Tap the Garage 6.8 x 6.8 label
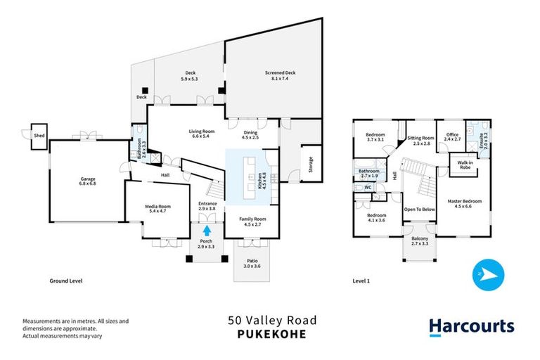coord(87,181)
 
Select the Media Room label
coord(155,208)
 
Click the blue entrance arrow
coord(207,229)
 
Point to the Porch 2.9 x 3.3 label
coord(207,243)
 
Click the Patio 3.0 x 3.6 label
coord(251,263)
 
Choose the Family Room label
coord(251,222)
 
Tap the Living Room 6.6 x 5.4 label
coord(201,134)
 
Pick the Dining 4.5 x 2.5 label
coord(251,135)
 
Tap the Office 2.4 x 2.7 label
coord(452,137)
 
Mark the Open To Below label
coord(419,210)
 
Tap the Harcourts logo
coord(472,326)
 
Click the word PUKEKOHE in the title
coord(271,334)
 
